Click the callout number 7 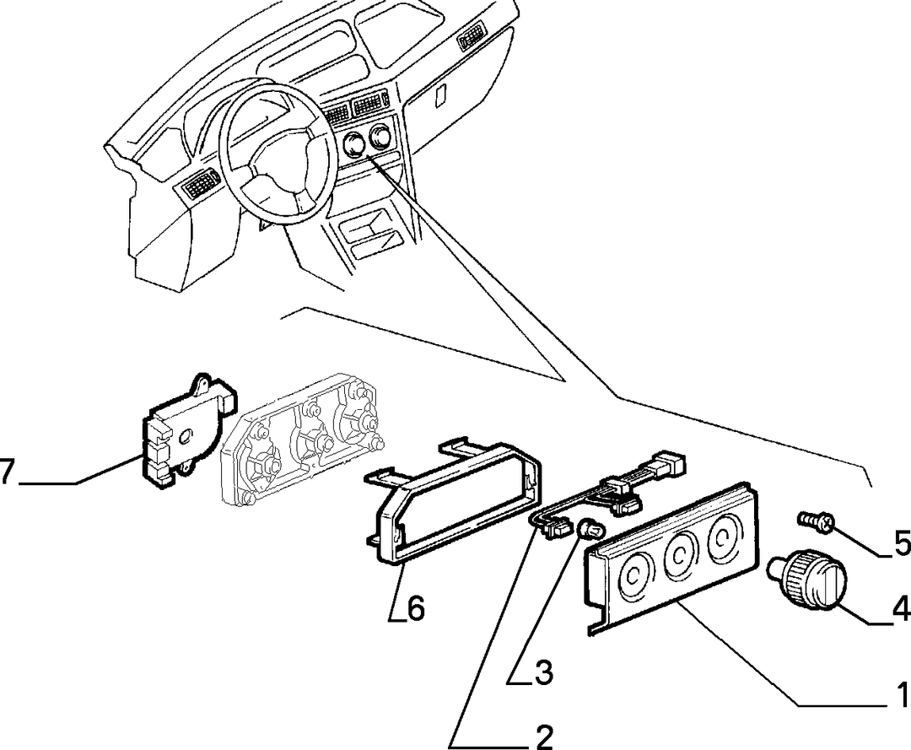(x=6, y=472)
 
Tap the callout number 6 (x=416, y=608)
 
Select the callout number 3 (x=544, y=672)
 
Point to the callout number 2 (x=544, y=737)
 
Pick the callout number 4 (x=901, y=610)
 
